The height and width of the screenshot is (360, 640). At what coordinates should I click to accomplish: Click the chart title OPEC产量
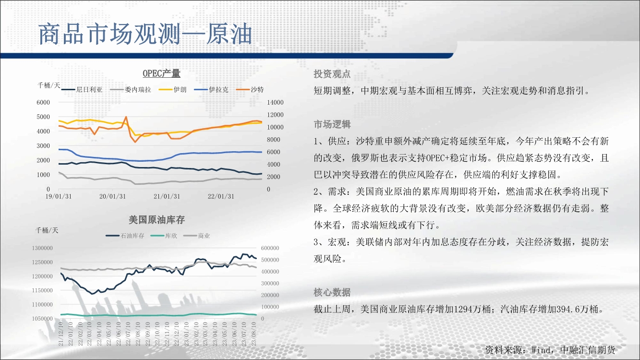coord(161,73)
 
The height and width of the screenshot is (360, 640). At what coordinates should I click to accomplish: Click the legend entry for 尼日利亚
coord(82,90)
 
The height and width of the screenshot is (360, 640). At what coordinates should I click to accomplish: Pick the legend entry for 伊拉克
coord(211,90)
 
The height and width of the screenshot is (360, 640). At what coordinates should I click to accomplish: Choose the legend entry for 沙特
coord(250,90)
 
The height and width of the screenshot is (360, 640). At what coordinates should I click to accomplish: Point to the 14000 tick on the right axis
coord(275,102)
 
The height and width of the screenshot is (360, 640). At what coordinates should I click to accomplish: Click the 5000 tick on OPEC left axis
coord(43,117)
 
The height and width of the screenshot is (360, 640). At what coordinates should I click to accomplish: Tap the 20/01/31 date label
coord(112,197)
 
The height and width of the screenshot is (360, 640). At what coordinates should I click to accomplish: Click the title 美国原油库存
coord(157,220)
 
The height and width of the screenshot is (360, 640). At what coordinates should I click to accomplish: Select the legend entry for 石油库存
coord(125,236)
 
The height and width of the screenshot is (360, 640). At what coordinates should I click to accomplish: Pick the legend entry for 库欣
coord(164,236)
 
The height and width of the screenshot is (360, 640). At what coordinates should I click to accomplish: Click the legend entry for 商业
coord(196,236)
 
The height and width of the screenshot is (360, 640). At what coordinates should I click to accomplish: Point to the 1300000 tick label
coord(42,248)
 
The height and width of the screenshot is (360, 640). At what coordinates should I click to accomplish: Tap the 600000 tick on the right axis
coord(270,248)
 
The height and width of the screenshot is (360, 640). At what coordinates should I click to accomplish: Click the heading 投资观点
coord(332,74)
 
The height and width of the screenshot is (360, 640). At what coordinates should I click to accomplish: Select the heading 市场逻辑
coord(332,124)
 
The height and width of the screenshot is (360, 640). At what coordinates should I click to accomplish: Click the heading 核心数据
coord(332,292)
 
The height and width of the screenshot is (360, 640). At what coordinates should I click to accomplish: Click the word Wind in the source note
coord(541,350)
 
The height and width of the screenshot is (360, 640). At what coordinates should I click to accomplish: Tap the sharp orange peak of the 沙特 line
coord(126,117)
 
